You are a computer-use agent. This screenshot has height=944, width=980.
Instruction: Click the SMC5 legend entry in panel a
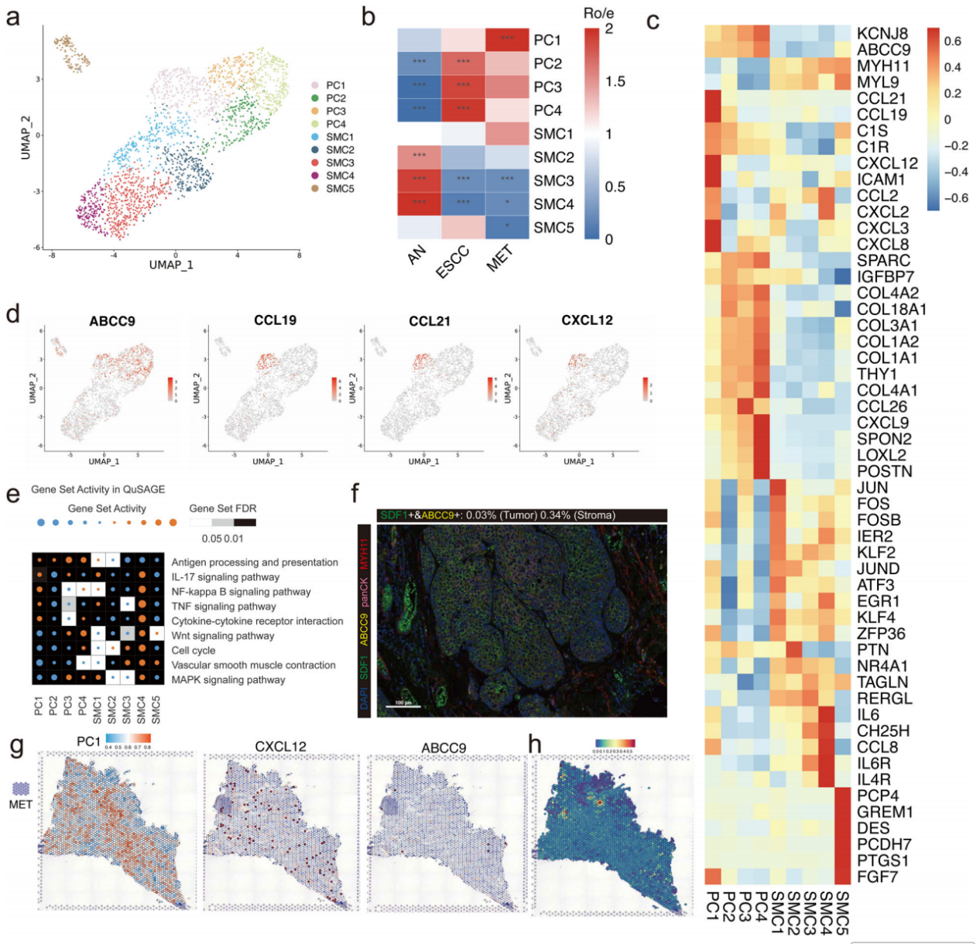coord(339,188)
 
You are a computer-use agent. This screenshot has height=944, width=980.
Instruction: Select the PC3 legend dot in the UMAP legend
coord(315,111)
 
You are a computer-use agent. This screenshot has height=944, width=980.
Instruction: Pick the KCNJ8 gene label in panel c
coord(883,33)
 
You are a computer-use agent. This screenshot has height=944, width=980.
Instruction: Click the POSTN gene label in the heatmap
coord(884,471)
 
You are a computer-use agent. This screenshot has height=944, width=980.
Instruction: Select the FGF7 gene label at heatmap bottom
coord(876,877)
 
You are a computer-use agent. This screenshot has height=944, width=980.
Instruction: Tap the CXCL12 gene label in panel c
coord(887,163)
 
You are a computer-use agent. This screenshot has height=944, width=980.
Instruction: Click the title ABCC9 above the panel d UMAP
coord(111,321)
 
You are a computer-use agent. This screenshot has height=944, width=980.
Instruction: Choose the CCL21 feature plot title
coord(430,321)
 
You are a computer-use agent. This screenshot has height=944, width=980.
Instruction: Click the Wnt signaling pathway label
coord(223,635)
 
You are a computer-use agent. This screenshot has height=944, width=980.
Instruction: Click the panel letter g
coord(15,747)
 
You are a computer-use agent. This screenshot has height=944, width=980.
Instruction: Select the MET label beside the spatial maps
coord(21,804)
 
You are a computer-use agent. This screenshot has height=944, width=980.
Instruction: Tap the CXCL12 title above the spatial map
coord(280,747)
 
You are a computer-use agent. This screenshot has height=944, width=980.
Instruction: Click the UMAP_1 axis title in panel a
coord(172,265)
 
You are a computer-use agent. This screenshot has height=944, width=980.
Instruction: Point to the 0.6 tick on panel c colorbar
coord(951,41)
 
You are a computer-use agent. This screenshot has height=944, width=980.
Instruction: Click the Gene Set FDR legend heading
coord(222,508)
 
